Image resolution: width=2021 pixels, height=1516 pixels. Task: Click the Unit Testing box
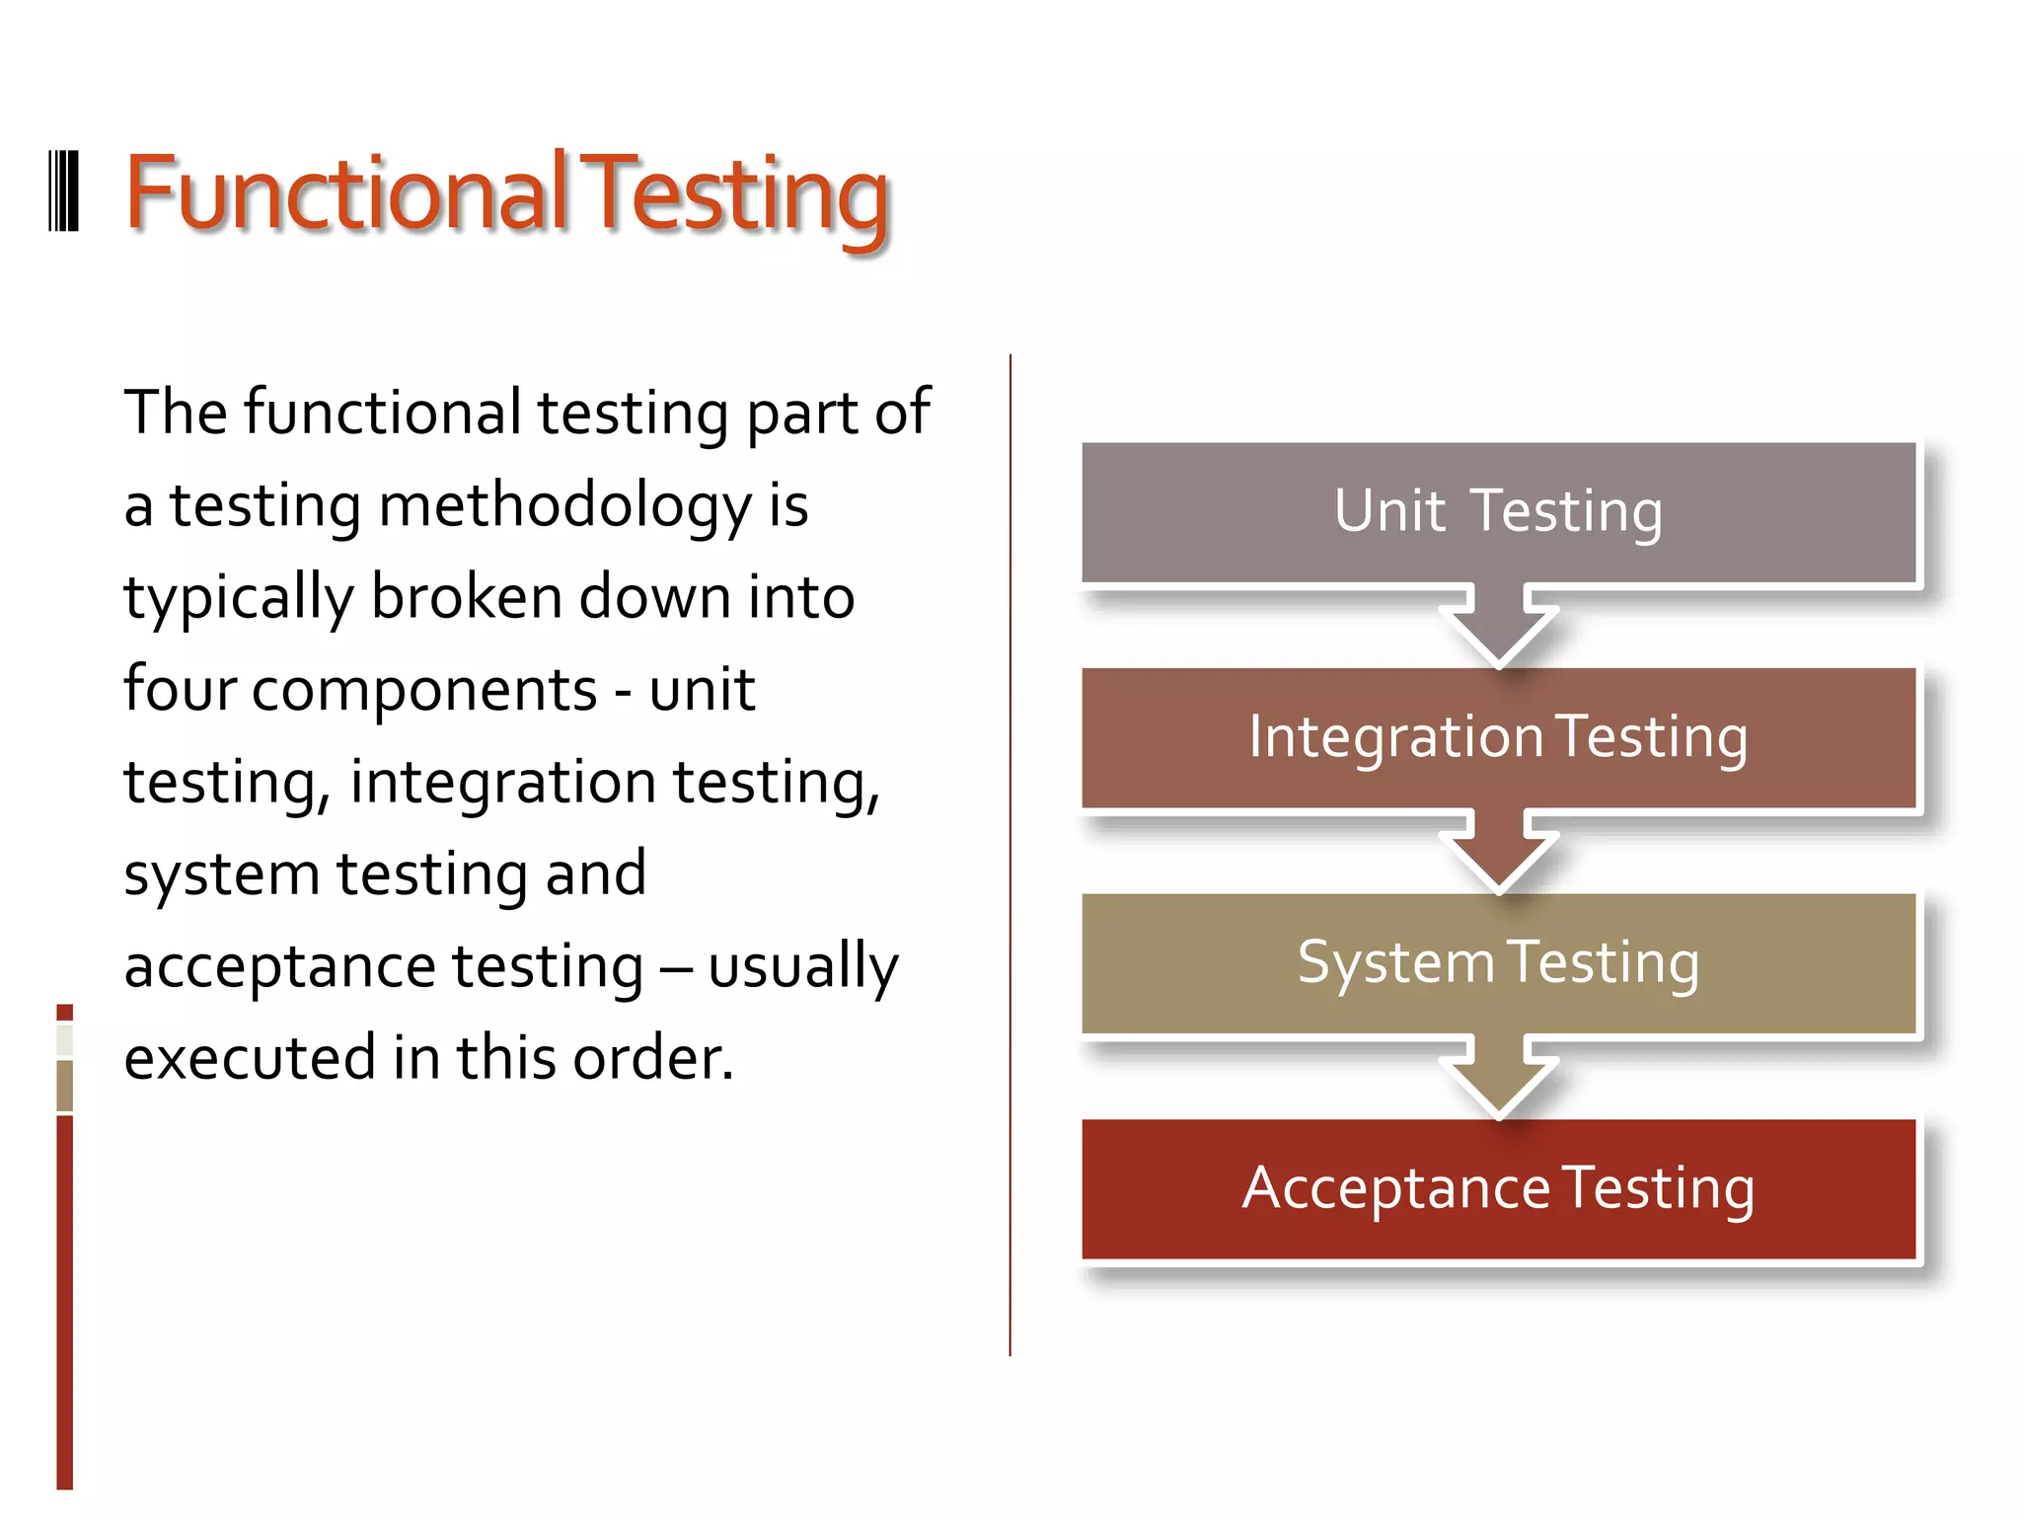pyautogui.click(x=1498, y=512)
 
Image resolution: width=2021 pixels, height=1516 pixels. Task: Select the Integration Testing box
pyautogui.click(x=1498, y=737)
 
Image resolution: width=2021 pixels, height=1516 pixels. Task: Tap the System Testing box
pyautogui.click(x=1498, y=963)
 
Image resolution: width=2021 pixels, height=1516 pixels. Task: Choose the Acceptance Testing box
pyautogui.click(x=1498, y=1188)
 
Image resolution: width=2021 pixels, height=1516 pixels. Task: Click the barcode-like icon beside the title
pyautogui.click(x=63, y=191)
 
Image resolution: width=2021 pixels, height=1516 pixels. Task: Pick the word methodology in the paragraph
pyautogui.click(x=564, y=505)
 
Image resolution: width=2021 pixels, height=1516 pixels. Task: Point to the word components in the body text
pyautogui.click(x=424, y=691)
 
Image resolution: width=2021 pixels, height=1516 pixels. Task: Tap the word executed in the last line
pyautogui.click(x=249, y=1058)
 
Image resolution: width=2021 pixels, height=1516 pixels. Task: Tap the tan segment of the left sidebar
pyautogui.click(x=65, y=1086)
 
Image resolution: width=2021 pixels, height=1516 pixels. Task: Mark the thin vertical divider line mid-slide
pyautogui.click(x=1010, y=855)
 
